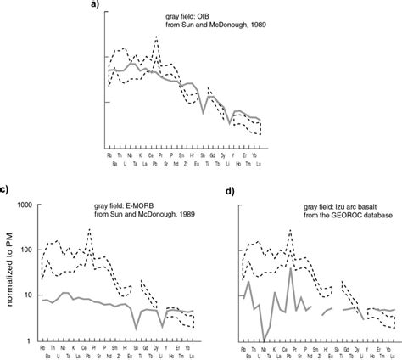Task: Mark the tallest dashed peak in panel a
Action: pos(156,37)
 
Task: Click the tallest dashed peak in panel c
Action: pos(89,229)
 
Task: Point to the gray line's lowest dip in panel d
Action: pos(263,340)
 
